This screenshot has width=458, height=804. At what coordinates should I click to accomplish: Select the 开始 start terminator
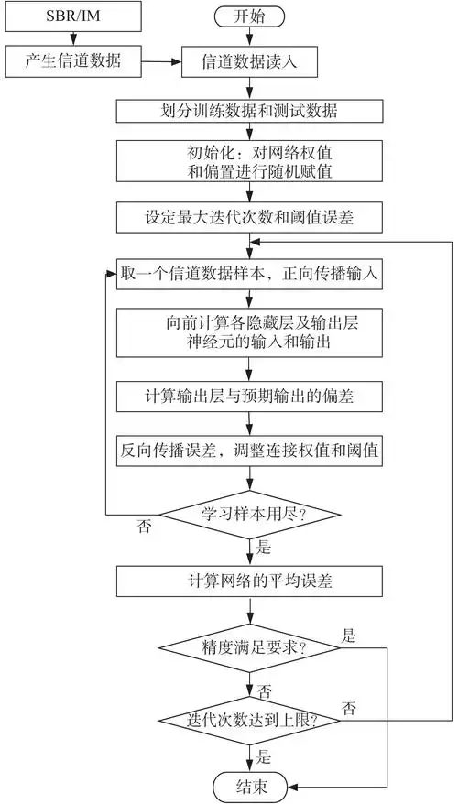click(249, 16)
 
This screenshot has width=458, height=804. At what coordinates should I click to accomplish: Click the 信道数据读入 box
click(249, 62)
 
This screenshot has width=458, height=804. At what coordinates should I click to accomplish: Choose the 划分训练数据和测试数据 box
click(249, 111)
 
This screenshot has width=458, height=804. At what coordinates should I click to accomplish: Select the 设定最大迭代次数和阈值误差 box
click(249, 219)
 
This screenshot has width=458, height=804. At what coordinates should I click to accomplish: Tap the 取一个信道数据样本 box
click(249, 273)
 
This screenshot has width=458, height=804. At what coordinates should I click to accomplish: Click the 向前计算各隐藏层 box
click(249, 330)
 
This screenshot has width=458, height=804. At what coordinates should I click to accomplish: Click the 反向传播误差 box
click(249, 450)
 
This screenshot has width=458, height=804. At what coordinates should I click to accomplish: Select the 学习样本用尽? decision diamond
click(249, 512)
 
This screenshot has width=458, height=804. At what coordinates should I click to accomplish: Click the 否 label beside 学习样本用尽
click(146, 527)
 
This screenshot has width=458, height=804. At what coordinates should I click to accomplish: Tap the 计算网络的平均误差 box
click(249, 580)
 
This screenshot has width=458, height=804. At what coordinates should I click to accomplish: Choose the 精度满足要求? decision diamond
click(249, 646)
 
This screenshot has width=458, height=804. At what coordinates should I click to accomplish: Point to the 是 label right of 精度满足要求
click(348, 634)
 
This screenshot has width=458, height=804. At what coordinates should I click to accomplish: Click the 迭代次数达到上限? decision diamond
click(249, 721)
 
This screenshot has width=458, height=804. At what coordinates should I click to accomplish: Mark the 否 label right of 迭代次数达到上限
click(348, 707)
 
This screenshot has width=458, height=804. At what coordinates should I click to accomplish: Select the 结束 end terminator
click(249, 785)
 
